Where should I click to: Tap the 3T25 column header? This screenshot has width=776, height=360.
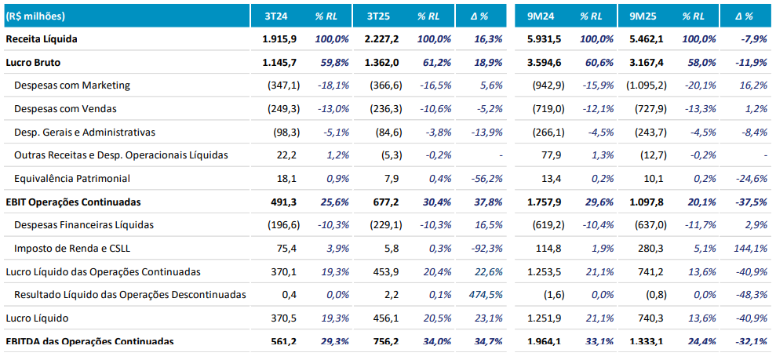(x=380, y=16)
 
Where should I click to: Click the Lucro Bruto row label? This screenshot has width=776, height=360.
(x=33, y=62)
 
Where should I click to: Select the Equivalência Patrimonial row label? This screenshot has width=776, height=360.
(x=72, y=178)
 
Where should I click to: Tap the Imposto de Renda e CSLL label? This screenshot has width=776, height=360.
(x=69, y=249)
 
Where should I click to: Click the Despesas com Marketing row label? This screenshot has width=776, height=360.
(x=72, y=85)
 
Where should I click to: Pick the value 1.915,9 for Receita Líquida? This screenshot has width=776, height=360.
(x=279, y=38)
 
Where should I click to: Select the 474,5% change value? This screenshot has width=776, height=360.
(x=486, y=295)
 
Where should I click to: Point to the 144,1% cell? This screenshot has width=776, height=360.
(x=750, y=249)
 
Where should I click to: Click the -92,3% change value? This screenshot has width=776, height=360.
(x=486, y=249)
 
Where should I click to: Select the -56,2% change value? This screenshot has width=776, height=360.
(x=486, y=178)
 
